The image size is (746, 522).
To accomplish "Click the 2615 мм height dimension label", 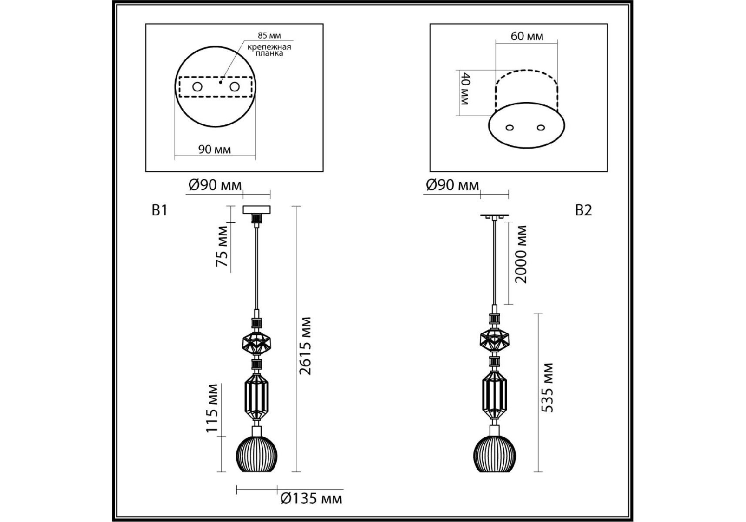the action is (x=306, y=346).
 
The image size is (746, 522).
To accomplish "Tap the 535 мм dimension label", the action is (x=548, y=387).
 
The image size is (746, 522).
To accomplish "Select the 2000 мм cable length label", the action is (x=521, y=254).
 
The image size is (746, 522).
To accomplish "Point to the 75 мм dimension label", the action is (x=222, y=246).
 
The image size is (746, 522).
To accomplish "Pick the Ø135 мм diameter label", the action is (x=311, y=498).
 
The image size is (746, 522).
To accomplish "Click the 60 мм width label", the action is (x=527, y=36).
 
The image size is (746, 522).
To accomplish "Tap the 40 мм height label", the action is (x=465, y=89).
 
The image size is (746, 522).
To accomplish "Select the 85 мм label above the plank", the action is (x=269, y=36).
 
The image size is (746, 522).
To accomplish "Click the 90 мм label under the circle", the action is (x=214, y=150).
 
